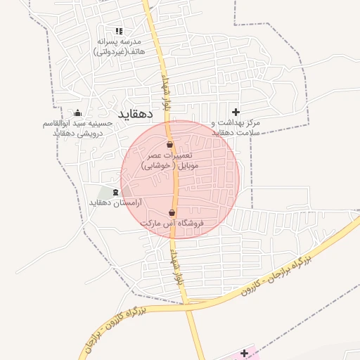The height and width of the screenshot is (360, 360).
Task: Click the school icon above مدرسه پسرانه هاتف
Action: [119, 31]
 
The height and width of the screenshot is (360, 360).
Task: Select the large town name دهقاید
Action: [136, 112]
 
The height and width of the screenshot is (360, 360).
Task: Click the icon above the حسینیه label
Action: [77, 112]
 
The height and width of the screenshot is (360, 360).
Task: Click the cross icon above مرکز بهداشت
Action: [236, 112]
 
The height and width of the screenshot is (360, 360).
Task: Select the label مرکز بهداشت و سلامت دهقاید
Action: [236, 127]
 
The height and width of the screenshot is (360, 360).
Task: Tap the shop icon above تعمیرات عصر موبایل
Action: [169, 145]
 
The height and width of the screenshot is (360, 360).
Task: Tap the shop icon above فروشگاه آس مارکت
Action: [172, 212]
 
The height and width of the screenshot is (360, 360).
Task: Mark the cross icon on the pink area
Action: [244, 352]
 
